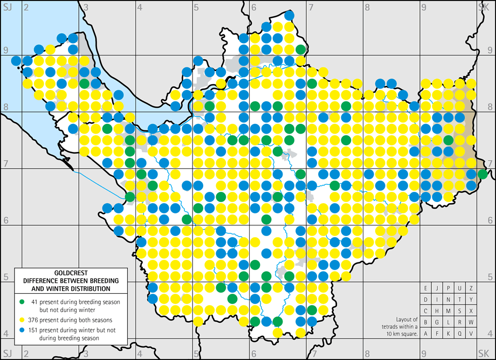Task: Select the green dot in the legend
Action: (20, 301)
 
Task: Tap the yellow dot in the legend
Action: (20, 319)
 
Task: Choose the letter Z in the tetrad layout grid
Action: (471, 288)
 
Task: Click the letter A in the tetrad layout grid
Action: (425, 334)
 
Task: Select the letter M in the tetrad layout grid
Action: (449, 311)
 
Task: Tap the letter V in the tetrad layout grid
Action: (471, 334)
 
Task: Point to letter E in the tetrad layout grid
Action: (425, 288)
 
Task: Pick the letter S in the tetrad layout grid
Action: (460, 311)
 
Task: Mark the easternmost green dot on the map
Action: (483, 174)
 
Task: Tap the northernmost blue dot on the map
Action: (289, 16)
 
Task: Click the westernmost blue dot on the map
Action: (16, 60)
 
